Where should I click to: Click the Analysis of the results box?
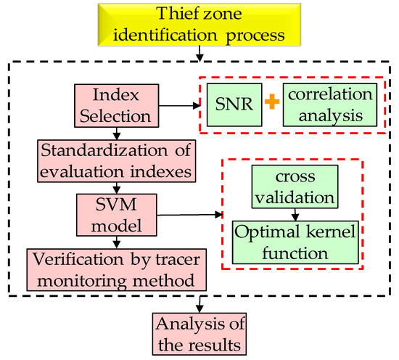[x=198, y=332]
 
